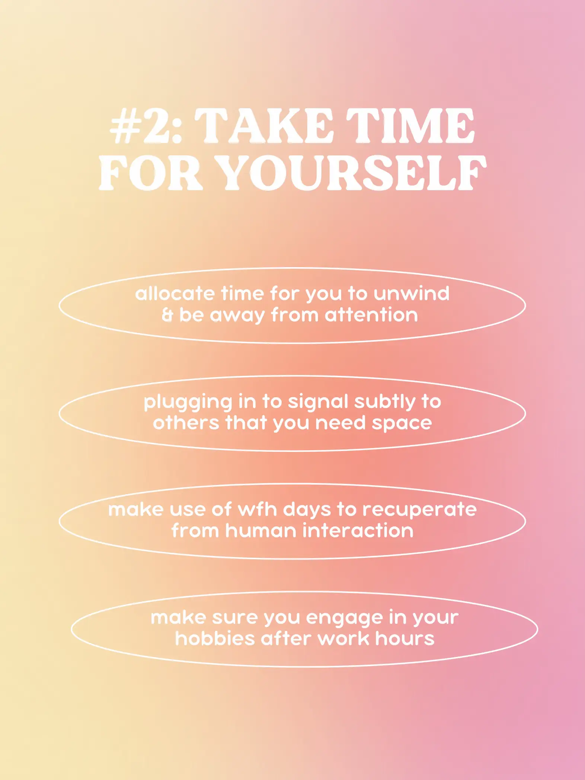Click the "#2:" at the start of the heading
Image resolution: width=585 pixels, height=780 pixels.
(146, 126)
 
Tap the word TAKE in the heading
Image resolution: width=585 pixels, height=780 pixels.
(264, 126)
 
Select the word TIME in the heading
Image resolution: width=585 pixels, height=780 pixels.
(410, 126)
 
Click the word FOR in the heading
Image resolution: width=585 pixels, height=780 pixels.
(151, 173)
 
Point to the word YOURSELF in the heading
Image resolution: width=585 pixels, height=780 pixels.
(351, 173)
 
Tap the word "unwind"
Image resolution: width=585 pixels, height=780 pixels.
(412, 294)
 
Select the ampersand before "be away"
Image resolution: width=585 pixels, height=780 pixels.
(167, 315)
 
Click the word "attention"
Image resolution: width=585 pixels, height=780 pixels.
(371, 315)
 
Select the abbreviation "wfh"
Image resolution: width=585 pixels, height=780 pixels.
(257, 509)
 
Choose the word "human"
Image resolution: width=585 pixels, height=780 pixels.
(259, 531)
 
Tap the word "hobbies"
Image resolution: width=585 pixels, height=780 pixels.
(214, 639)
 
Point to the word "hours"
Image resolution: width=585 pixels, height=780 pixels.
(405, 639)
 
